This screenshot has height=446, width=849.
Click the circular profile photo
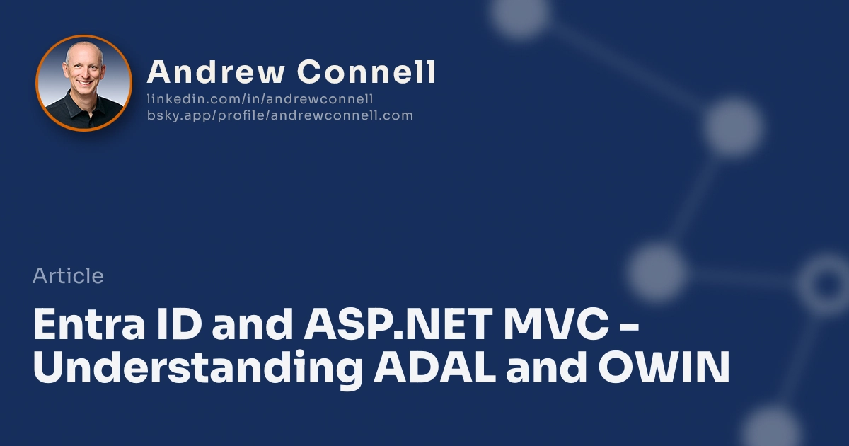coord(83,83)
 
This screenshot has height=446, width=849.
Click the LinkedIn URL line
coord(260,99)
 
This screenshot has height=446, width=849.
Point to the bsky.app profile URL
coord(279,115)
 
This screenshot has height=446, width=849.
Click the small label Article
coord(68,276)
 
